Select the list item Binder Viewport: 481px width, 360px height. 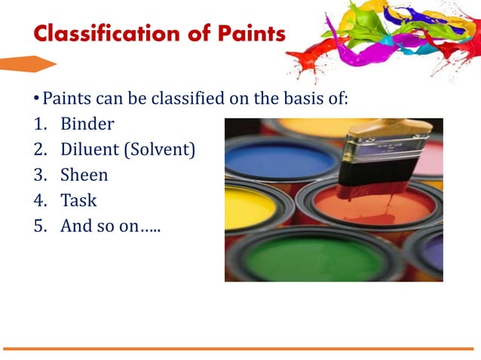pyautogui.click(x=87, y=124)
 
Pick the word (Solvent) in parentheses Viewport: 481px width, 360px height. pyautogui.click(x=161, y=150)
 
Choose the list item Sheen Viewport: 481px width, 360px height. pyautogui.click(x=84, y=175)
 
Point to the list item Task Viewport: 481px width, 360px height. pyautogui.click(x=78, y=201)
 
